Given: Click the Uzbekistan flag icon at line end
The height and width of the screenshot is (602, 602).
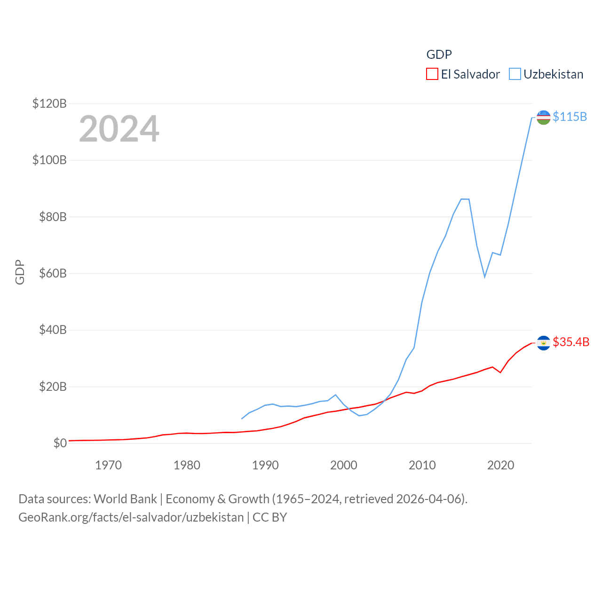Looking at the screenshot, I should tap(543, 117).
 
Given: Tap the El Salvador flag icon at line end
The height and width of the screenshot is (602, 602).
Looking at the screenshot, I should tap(543, 343).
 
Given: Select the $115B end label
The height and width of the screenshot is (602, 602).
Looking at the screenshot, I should tap(570, 117).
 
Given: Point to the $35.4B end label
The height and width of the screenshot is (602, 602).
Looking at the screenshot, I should tap(571, 342).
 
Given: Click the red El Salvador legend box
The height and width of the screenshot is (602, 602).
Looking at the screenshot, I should tap(432, 74).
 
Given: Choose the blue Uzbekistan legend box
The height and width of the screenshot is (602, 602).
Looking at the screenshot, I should tap(515, 74).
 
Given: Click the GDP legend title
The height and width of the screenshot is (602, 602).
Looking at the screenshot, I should tap(439, 55).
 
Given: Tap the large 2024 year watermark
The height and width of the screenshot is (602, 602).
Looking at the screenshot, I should tap(119, 129).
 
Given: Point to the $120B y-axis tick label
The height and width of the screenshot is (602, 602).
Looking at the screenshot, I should tap(49, 103).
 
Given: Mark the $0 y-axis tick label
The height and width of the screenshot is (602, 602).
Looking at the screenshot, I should tap(60, 443).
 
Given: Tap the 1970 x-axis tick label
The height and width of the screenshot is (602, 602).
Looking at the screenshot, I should tap(108, 465).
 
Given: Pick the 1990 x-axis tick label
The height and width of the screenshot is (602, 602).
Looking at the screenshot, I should tap(265, 465).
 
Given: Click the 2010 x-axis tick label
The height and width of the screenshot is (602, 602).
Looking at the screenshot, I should tap(422, 465).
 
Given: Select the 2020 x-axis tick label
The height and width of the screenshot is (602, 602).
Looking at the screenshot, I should tap(500, 465).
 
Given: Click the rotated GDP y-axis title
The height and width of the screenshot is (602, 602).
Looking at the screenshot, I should tap(20, 272).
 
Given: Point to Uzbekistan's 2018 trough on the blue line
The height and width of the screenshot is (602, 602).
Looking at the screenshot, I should tap(484, 277).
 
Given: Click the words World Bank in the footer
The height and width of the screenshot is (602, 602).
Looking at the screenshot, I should tap(125, 499).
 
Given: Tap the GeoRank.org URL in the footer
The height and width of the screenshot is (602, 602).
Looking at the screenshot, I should tap(131, 517).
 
